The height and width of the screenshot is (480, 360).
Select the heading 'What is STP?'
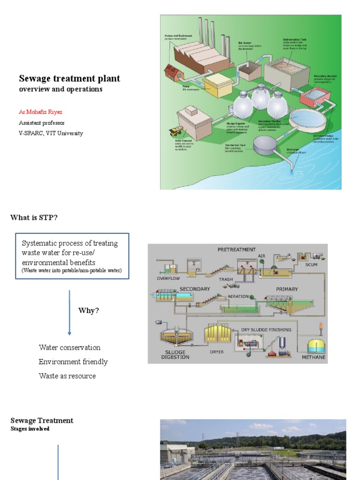tap(34, 217)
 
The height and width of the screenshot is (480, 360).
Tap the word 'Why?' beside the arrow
tap(89, 311)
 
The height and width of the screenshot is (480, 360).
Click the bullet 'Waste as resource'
tap(67, 376)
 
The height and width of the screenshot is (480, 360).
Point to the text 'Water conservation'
tap(69, 348)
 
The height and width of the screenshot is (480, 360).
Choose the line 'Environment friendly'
tap(73, 362)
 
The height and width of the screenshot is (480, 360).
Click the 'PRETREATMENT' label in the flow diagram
tap(237, 250)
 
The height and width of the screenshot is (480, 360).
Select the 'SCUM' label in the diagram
tap(311, 265)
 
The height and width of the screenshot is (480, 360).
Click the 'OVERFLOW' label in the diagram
tap(168, 278)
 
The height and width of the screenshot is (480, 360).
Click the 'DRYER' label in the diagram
tap(217, 352)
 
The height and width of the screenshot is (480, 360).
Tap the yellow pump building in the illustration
tap(217, 85)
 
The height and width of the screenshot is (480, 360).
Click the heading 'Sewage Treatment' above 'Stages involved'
tap(42, 420)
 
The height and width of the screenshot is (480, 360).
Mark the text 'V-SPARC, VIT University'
tap(51, 133)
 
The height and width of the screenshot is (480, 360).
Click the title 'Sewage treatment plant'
tap(69, 79)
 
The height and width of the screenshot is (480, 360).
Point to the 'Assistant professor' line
tap(42, 123)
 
